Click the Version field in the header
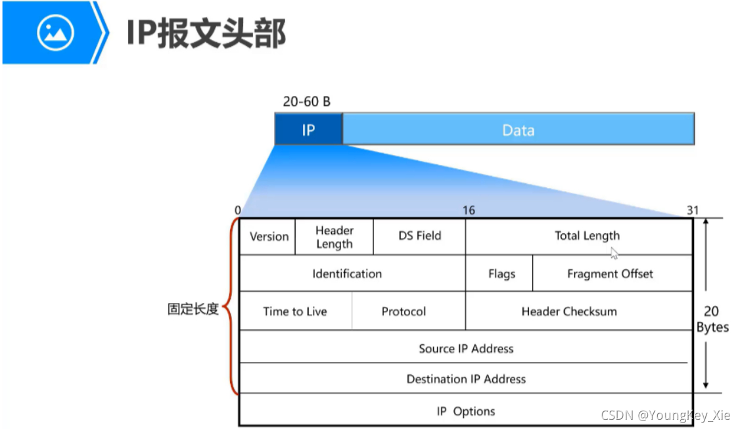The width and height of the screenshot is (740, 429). (x=269, y=237)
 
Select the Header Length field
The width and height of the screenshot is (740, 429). (x=334, y=237)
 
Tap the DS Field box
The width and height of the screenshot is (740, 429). (x=419, y=236)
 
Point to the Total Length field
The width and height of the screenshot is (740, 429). (x=586, y=236)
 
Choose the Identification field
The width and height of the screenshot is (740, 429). (x=347, y=273)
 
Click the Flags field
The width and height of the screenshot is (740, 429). (x=501, y=273)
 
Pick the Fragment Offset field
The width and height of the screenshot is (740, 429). (x=610, y=273)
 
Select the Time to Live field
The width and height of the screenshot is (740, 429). (x=295, y=311)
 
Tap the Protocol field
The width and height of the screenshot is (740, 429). (x=404, y=311)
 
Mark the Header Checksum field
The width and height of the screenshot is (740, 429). (x=569, y=311)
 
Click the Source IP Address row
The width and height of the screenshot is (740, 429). (x=466, y=348)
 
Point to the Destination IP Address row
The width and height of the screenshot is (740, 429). (x=466, y=379)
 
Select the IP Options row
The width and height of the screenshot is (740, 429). (x=466, y=411)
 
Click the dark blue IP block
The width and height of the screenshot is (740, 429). (x=308, y=129)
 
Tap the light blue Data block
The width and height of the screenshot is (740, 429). (x=518, y=129)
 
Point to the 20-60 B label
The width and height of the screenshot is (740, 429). (x=307, y=102)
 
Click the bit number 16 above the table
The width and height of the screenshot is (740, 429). (x=469, y=210)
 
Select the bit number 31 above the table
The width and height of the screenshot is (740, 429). (x=693, y=210)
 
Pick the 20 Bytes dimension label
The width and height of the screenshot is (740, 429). (x=712, y=319)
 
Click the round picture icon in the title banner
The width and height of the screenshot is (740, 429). (x=56, y=32)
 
